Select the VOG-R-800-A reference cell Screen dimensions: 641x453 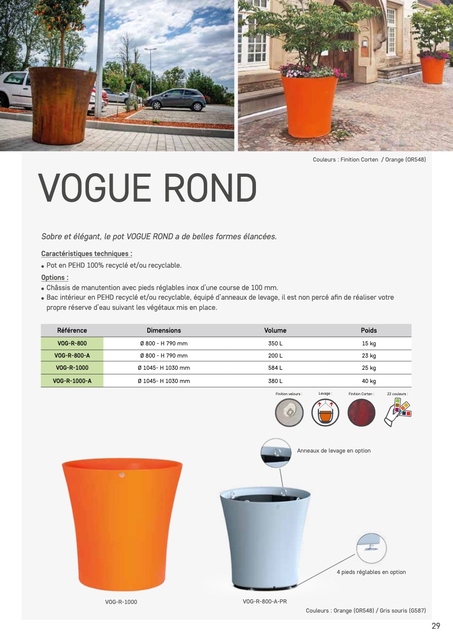pos(72,356)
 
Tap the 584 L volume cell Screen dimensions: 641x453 pos(275,368)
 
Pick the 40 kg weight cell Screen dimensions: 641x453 pos(369,381)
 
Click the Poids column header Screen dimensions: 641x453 pos(369,330)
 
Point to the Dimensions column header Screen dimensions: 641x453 pos(164,330)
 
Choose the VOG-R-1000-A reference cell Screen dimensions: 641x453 pos(72,381)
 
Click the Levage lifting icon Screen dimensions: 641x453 pos(325,412)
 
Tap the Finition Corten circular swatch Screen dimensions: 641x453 pos(362,412)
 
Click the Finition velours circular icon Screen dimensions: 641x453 pos(289,412)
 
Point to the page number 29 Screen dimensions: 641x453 pos(436,626)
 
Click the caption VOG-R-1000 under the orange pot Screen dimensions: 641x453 pos(121,602)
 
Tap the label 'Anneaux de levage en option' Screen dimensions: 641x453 pos(334,451)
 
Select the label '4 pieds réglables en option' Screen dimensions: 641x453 pos(371,572)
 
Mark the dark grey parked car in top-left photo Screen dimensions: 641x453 pos(176,100)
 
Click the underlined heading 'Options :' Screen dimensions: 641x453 pos(55,277)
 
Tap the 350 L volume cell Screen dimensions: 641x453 pos(275,343)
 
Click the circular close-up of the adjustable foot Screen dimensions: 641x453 pos(371,548)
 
